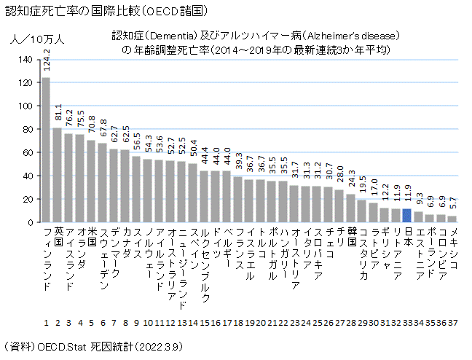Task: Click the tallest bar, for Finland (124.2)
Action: pyautogui.click(x=46, y=149)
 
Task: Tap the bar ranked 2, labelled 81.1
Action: pyautogui.click(x=58, y=175)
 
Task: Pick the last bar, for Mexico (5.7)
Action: pyautogui.click(x=452, y=219)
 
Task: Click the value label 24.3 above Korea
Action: pyautogui.click(x=350, y=180)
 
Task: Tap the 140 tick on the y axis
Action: pyautogui.click(x=28, y=59)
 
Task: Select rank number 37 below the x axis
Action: pyautogui.click(x=452, y=322)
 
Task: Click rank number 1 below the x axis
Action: pyautogui.click(x=46, y=322)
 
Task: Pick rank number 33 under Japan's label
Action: pyautogui.click(x=407, y=322)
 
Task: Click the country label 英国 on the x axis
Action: pyautogui.click(x=58, y=236)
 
